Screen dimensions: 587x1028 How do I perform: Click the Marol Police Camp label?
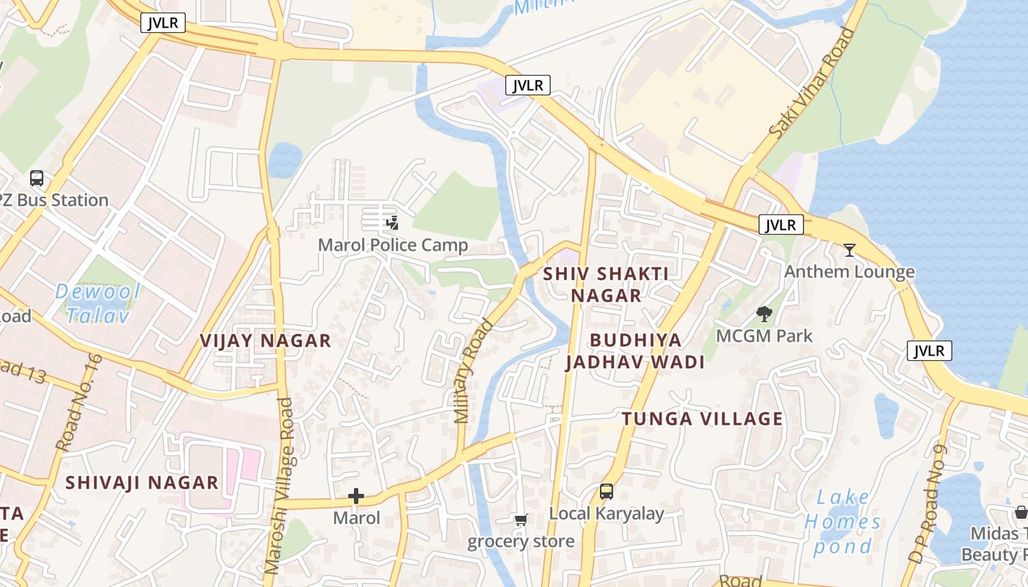point(393,245)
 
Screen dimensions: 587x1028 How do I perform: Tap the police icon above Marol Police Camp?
point(392,222)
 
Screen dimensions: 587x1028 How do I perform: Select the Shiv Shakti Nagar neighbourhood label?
point(606,285)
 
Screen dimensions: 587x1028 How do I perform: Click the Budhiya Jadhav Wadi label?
point(635,351)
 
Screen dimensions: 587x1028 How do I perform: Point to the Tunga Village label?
point(702,419)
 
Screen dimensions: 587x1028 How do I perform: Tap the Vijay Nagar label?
point(266,340)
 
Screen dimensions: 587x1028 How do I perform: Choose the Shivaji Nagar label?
point(142,483)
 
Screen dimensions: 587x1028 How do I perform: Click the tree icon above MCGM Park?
point(764,314)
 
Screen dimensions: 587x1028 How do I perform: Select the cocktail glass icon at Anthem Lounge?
point(850,250)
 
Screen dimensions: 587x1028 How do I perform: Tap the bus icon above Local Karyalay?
point(607,492)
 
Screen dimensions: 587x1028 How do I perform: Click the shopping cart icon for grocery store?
point(521,520)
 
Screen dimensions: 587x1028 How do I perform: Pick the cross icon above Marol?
point(356,496)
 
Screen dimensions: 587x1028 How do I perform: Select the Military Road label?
point(473,372)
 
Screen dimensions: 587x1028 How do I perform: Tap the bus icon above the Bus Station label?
point(36,178)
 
